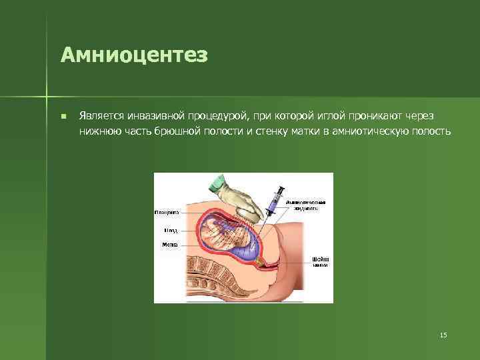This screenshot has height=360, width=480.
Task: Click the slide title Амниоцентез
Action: tap(134, 55)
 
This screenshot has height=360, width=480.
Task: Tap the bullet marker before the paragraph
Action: tap(62, 115)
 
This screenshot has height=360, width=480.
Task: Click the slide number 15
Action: tap(443, 335)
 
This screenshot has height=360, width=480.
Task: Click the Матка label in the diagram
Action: tap(170, 245)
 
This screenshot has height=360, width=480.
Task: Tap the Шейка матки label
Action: tap(320, 261)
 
